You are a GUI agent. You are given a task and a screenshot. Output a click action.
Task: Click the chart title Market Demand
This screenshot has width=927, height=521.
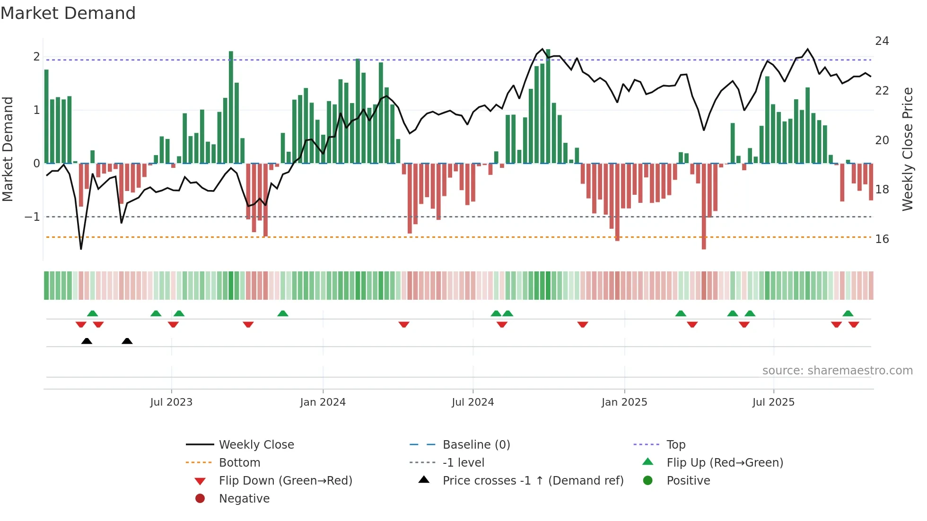[x=68, y=13]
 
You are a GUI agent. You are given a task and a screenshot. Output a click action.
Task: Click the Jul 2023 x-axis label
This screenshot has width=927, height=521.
[x=171, y=402]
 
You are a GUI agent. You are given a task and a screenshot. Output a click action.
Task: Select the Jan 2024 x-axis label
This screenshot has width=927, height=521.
[x=323, y=402]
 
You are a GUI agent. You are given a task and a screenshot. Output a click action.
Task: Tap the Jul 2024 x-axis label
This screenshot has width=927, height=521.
[x=472, y=402]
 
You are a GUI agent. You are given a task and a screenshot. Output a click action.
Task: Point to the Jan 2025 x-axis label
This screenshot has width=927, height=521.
[x=624, y=402]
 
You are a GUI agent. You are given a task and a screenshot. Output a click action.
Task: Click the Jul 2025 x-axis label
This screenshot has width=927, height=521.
[x=773, y=402]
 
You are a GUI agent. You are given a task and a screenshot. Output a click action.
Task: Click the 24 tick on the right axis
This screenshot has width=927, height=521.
[x=882, y=41]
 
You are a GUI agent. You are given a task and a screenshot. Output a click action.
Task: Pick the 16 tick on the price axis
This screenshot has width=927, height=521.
[x=882, y=239]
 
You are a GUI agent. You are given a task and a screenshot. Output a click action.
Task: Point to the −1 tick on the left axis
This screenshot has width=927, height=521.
[x=32, y=217]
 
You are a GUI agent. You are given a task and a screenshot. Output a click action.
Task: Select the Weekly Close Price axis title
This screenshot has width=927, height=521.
[x=907, y=149]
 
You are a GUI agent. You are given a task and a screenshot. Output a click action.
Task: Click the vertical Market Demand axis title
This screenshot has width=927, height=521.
[x=8, y=149]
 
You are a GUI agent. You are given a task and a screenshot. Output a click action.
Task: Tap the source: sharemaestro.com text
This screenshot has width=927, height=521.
[x=837, y=371]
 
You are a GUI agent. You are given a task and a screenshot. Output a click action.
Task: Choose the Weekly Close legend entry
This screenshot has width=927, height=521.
[x=256, y=445]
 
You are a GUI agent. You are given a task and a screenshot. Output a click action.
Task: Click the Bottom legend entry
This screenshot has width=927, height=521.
[x=239, y=463]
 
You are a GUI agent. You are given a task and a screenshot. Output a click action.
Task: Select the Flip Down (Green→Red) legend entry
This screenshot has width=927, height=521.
[x=285, y=481]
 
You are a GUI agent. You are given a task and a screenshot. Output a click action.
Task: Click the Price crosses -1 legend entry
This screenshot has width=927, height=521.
[x=533, y=481]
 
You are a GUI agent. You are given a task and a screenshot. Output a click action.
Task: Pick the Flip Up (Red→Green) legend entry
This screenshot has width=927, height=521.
[x=725, y=463]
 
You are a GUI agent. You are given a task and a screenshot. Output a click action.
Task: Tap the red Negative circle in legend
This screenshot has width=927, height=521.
[x=200, y=499]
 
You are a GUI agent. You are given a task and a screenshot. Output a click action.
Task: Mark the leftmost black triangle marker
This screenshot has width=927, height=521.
[x=87, y=341]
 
